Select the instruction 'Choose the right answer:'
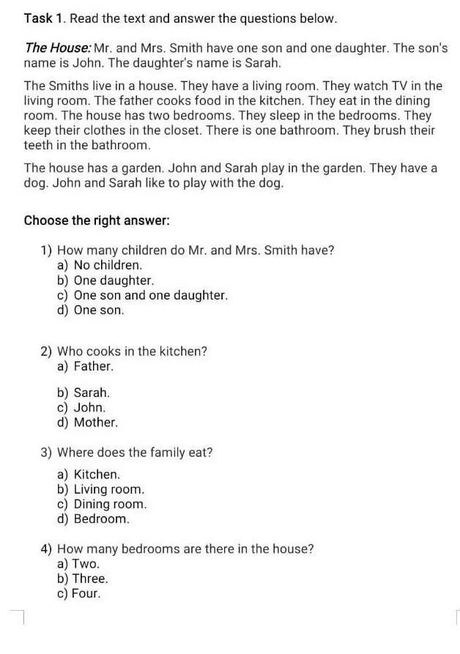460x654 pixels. click(x=97, y=220)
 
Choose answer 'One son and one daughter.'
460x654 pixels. click(x=151, y=295)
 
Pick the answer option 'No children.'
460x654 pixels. click(x=108, y=265)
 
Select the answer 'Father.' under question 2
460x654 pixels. click(x=93, y=366)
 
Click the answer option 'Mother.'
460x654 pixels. click(x=95, y=423)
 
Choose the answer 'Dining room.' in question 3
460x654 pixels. click(x=110, y=504)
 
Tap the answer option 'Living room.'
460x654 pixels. click(x=109, y=489)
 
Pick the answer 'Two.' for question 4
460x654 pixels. click(x=85, y=564)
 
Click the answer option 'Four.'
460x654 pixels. click(x=86, y=594)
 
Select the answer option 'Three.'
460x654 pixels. click(x=89, y=579)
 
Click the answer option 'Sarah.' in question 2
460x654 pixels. click(x=92, y=393)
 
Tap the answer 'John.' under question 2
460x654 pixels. click(x=89, y=407)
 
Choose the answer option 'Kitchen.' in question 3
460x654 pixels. click(x=97, y=475)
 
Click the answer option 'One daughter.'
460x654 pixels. click(x=114, y=280)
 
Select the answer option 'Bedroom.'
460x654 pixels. click(x=101, y=519)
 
